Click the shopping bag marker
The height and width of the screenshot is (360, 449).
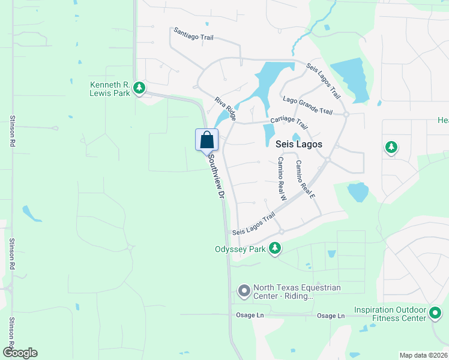[x=206, y=140]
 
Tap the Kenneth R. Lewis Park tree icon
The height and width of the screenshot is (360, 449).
[x=139, y=89]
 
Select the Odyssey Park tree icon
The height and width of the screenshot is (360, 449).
[x=275, y=248]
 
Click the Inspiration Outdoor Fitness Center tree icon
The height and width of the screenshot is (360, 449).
[x=435, y=313]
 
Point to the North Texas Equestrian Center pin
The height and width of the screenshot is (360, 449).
[x=244, y=292]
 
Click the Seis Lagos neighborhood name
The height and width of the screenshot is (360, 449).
[x=298, y=145]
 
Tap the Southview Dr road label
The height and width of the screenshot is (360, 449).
[x=216, y=178]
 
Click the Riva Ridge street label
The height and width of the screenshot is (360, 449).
[x=226, y=108]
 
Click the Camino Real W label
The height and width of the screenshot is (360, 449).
[x=281, y=178]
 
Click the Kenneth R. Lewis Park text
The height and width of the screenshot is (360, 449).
[x=109, y=89]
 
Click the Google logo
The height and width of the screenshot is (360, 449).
[x=20, y=353]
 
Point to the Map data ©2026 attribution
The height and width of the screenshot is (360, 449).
[x=423, y=355]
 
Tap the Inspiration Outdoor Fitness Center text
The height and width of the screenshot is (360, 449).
[x=390, y=314]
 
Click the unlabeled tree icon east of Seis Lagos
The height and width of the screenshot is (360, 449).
[x=391, y=146]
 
